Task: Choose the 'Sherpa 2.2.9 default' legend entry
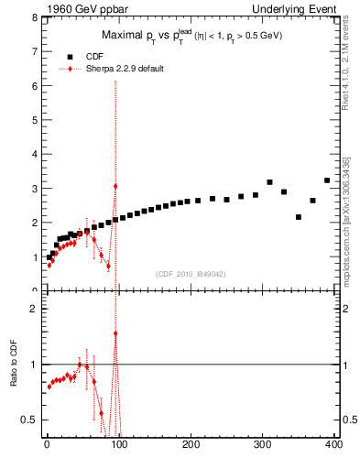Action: [x=123, y=69]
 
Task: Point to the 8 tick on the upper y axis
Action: [x=33, y=17]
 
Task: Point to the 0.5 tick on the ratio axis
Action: [x=29, y=420]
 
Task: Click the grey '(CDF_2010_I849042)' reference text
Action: [x=190, y=272]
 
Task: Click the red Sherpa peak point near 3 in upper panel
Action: [x=115, y=186]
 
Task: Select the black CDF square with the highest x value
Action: [x=327, y=180]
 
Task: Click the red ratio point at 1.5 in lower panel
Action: [x=115, y=333]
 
